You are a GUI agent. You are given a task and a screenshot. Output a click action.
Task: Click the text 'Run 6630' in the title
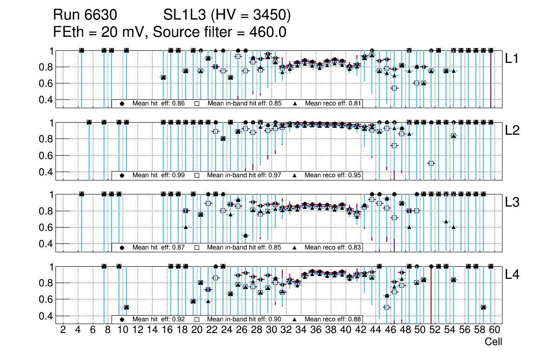coord(84,16)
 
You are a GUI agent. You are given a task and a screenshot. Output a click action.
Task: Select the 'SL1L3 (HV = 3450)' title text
coord(227,16)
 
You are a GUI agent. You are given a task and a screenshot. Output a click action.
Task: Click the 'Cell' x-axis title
coord(493,342)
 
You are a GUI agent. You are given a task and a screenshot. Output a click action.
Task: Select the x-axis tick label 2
coord(63,330)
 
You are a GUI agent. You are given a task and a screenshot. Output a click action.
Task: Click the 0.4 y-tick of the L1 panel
coord(46,99)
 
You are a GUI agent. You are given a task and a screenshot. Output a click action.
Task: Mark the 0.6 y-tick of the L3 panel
coord(46,227)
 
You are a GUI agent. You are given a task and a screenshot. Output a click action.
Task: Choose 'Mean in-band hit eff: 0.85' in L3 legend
coord(244,248)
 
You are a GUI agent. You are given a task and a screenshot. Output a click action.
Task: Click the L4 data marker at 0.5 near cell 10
coord(126,307)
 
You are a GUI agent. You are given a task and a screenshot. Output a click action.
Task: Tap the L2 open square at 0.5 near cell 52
coord(431,163)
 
